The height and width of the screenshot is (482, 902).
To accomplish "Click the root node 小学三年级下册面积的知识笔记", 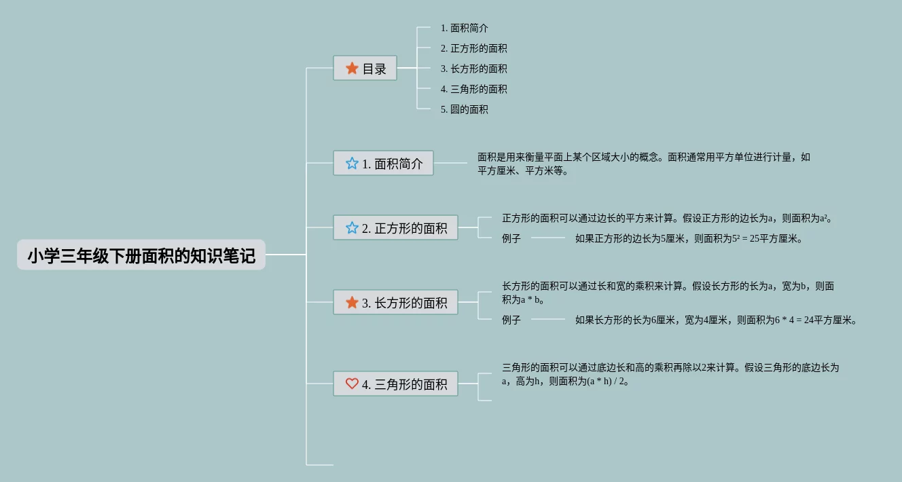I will click(141, 255).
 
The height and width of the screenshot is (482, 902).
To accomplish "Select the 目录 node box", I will click(365, 69).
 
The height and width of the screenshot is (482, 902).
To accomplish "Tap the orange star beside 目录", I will click(352, 69).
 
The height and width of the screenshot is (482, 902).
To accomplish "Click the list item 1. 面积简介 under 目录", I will click(464, 29).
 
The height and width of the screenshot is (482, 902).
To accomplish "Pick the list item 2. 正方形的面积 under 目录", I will click(473, 49).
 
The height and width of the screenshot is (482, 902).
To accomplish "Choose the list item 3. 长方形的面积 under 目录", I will click(473, 69).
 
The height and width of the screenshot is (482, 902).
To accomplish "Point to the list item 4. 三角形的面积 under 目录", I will click(473, 90).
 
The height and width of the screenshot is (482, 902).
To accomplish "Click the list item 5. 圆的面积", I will click(464, 109).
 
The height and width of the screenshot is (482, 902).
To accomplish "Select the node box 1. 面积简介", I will click(383, 164).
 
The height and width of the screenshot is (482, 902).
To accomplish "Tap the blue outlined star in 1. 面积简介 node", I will click(352, 164).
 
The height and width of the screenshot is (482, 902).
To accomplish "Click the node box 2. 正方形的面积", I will click(395, 228).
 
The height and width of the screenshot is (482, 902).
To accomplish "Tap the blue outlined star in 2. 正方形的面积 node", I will click(352, 228).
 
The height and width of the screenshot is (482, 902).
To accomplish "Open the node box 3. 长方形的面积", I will click(395, 303).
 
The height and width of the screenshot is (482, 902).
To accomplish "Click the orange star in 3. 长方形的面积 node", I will click(352, 303).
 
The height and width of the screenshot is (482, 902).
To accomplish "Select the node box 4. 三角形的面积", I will click(395, 384).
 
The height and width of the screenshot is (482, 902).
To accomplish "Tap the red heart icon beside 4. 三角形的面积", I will click(352, 384).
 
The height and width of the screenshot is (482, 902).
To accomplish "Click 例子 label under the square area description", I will click(511, 239).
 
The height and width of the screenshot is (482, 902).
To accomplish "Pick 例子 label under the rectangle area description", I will click(511, 320).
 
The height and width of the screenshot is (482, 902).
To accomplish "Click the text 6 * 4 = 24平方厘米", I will click(815, 320).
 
